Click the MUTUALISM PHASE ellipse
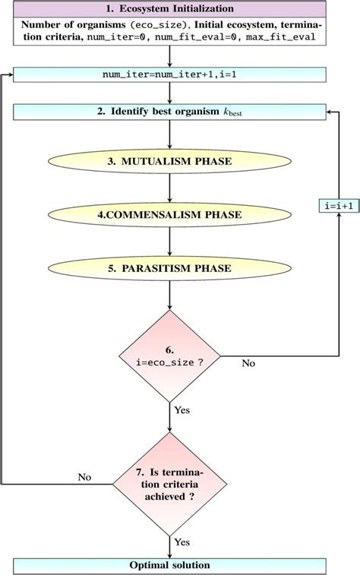pos(169,163)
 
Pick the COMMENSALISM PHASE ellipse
pos(169,215)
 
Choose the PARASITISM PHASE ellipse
pos(169,268)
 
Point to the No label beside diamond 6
pos(248,363)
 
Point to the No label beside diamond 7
pos(85,477)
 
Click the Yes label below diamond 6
pos(182,409)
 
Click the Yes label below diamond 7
pos(182,542)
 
